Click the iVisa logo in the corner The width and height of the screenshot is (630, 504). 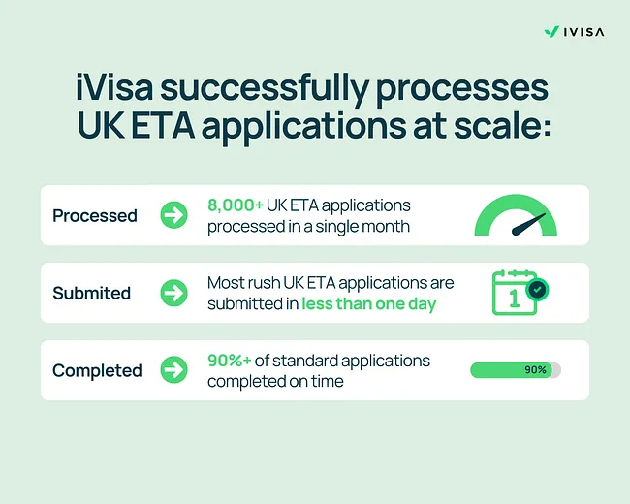574,31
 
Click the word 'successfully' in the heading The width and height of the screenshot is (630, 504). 276,90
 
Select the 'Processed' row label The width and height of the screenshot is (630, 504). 95,215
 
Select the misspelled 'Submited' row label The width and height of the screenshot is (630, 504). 91,293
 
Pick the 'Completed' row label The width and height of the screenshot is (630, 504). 97,370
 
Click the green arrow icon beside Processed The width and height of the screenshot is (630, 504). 174,215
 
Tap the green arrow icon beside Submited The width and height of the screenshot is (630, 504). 174,293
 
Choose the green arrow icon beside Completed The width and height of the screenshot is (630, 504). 174,370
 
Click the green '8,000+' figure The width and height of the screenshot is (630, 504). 236,205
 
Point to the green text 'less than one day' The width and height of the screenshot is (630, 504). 368,303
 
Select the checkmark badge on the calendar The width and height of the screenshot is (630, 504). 536,288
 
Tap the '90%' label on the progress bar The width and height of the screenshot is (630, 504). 535,370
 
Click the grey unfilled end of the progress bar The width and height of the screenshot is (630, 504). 555,370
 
